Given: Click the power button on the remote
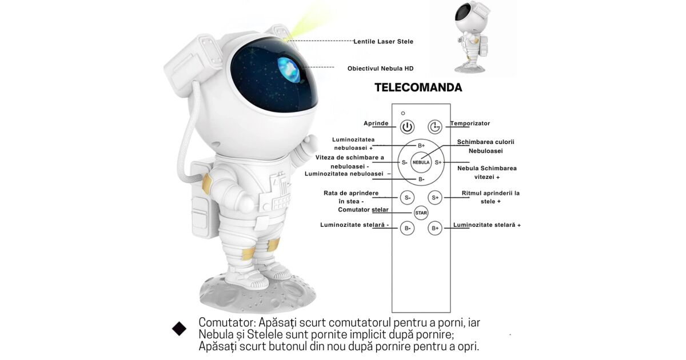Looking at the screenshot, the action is tap(407, 127).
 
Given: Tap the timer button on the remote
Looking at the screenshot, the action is tap(435, 127).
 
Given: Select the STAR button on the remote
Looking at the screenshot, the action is tap(421, 213).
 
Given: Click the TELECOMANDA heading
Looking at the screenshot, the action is tap(418, 87).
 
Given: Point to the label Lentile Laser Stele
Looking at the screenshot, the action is tap(384, 41).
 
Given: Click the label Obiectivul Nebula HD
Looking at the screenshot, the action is tap(380, 69).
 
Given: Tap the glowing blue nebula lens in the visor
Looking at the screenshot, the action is tap(289, 70).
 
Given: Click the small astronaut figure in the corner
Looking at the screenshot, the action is tap(471, 37).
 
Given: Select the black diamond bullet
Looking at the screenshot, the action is tap(179, 329).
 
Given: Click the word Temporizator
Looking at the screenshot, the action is tap(470, 123).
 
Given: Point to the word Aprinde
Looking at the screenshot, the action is tap(376, 123).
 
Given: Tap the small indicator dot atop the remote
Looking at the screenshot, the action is tap(403, 113).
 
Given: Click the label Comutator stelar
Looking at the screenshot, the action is tap(363, 210).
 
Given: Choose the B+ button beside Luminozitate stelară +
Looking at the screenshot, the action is tap(435, 228).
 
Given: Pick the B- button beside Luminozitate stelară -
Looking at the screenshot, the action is tap(407, 228).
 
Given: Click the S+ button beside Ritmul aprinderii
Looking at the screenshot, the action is tap(435, 198).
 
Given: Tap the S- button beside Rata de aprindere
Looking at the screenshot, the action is tap(407, 198).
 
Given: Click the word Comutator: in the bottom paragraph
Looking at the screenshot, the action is tap(228, 322).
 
